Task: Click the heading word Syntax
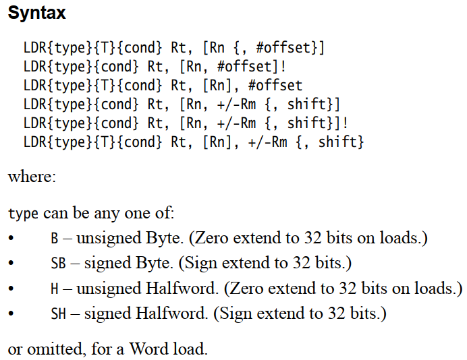37,13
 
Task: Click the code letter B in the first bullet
55,239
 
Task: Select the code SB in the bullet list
59,264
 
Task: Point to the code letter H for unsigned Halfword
55,289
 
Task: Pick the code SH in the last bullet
59,314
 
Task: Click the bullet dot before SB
11,264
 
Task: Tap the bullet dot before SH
11,315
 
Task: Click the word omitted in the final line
49,349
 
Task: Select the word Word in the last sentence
147,349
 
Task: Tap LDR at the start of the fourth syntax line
35,104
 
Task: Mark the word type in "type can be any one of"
24,214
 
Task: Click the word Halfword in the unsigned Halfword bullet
178,289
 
